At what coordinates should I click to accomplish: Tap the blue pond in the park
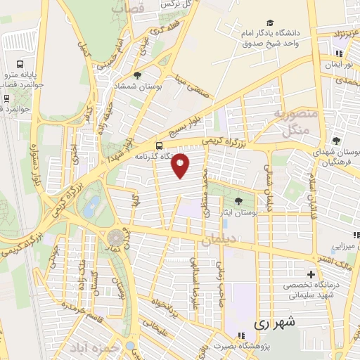(92, 206)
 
